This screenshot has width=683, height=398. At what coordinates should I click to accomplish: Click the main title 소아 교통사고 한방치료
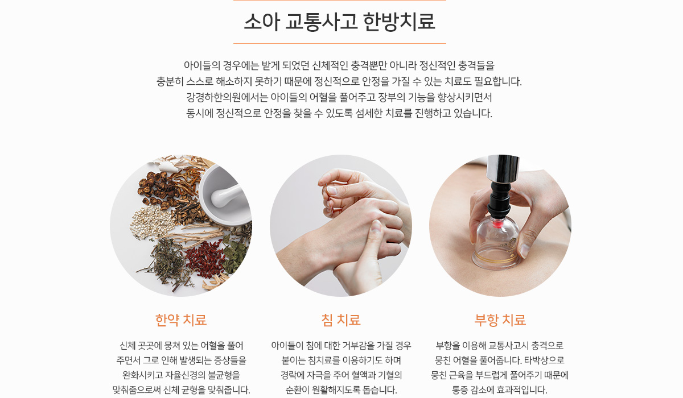[x=339, y=22]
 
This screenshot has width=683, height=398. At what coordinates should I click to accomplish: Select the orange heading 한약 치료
[x=181, y=320]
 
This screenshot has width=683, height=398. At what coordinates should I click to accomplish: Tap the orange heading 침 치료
[x=341, y=320]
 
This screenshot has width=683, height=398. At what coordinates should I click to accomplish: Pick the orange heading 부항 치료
[x=500, y=320]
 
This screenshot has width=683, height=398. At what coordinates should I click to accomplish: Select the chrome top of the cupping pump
[x=503, y=168]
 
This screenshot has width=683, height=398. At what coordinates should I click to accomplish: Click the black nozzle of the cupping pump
[x=500, y=200]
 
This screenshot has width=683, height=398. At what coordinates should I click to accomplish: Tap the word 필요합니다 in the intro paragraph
[x=497, y=81]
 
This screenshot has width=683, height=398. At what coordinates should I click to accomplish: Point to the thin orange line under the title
[x=340, y=44]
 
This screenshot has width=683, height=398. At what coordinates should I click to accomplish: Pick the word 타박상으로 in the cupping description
[x=544, y=360]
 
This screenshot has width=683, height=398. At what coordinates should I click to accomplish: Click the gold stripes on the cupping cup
[x=496, y=259]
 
